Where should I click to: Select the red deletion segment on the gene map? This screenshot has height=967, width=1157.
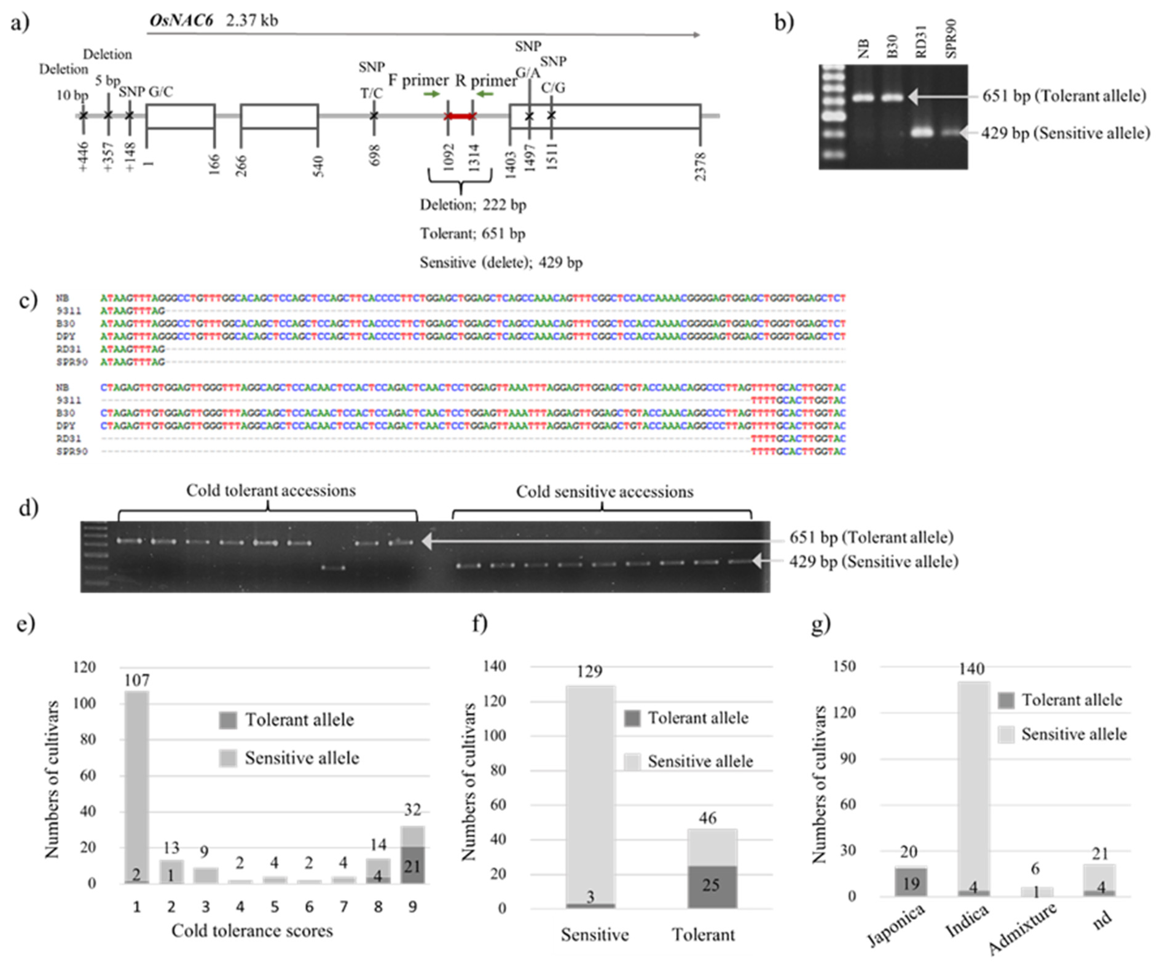point(460,116)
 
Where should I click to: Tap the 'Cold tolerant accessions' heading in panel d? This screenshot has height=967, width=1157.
point(271,490)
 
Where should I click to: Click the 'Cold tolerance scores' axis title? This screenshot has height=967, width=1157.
point(252,931)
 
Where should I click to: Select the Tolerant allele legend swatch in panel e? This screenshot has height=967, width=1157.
point(228,720)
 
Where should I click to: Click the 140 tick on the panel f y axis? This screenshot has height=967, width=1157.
point(495,666)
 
